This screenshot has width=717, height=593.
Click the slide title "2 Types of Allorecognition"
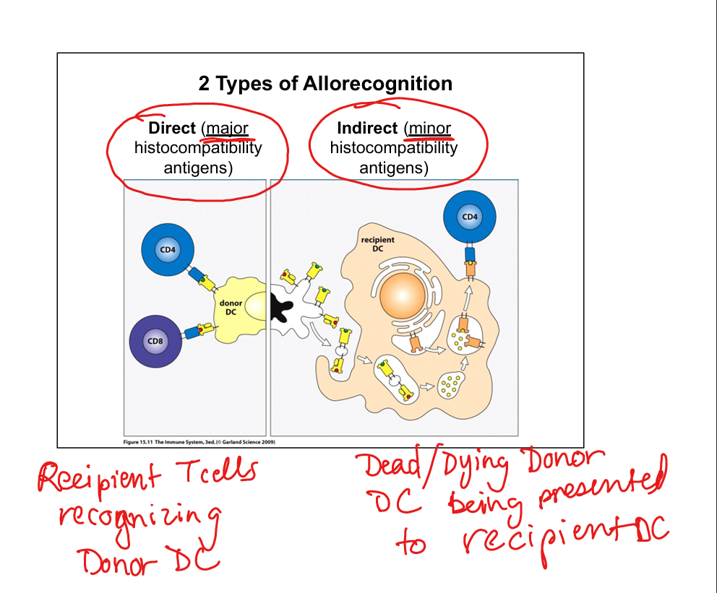325,84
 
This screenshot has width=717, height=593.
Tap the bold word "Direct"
172,129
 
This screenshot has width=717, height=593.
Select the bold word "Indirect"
367,129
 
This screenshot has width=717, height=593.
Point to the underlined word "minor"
429,129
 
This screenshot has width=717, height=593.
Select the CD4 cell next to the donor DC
168,250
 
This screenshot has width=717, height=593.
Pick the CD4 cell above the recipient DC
470,217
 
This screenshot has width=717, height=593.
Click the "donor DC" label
231,306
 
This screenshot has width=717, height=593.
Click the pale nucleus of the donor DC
257,306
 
